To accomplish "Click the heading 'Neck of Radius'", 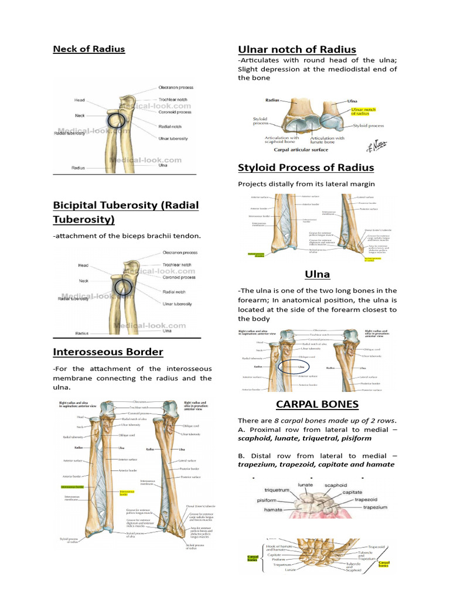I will [89, 49].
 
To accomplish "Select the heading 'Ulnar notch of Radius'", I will [296, 49].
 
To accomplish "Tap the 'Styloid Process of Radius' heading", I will [306, 168].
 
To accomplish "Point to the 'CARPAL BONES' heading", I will [317, 405].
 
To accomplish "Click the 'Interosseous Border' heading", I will [108, 352].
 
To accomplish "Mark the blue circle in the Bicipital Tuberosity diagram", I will [122, 287].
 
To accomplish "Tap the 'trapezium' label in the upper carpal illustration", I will [375, 507].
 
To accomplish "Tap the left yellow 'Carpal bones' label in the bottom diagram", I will [253, 559].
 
